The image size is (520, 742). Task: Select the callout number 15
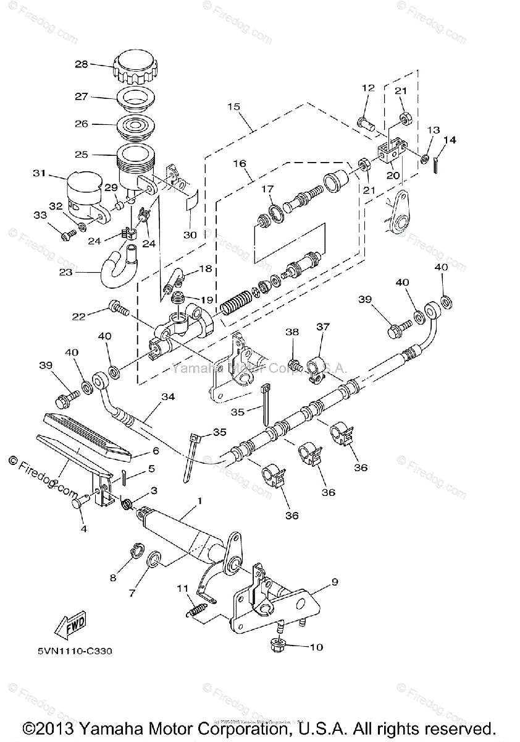(x=233, y=107)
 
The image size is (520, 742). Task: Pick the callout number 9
(x=334, y=582)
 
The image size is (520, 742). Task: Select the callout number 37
(x=323, y=326)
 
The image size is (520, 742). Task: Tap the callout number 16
(x=240, y=164)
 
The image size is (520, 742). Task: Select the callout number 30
(x=190, y=235)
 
